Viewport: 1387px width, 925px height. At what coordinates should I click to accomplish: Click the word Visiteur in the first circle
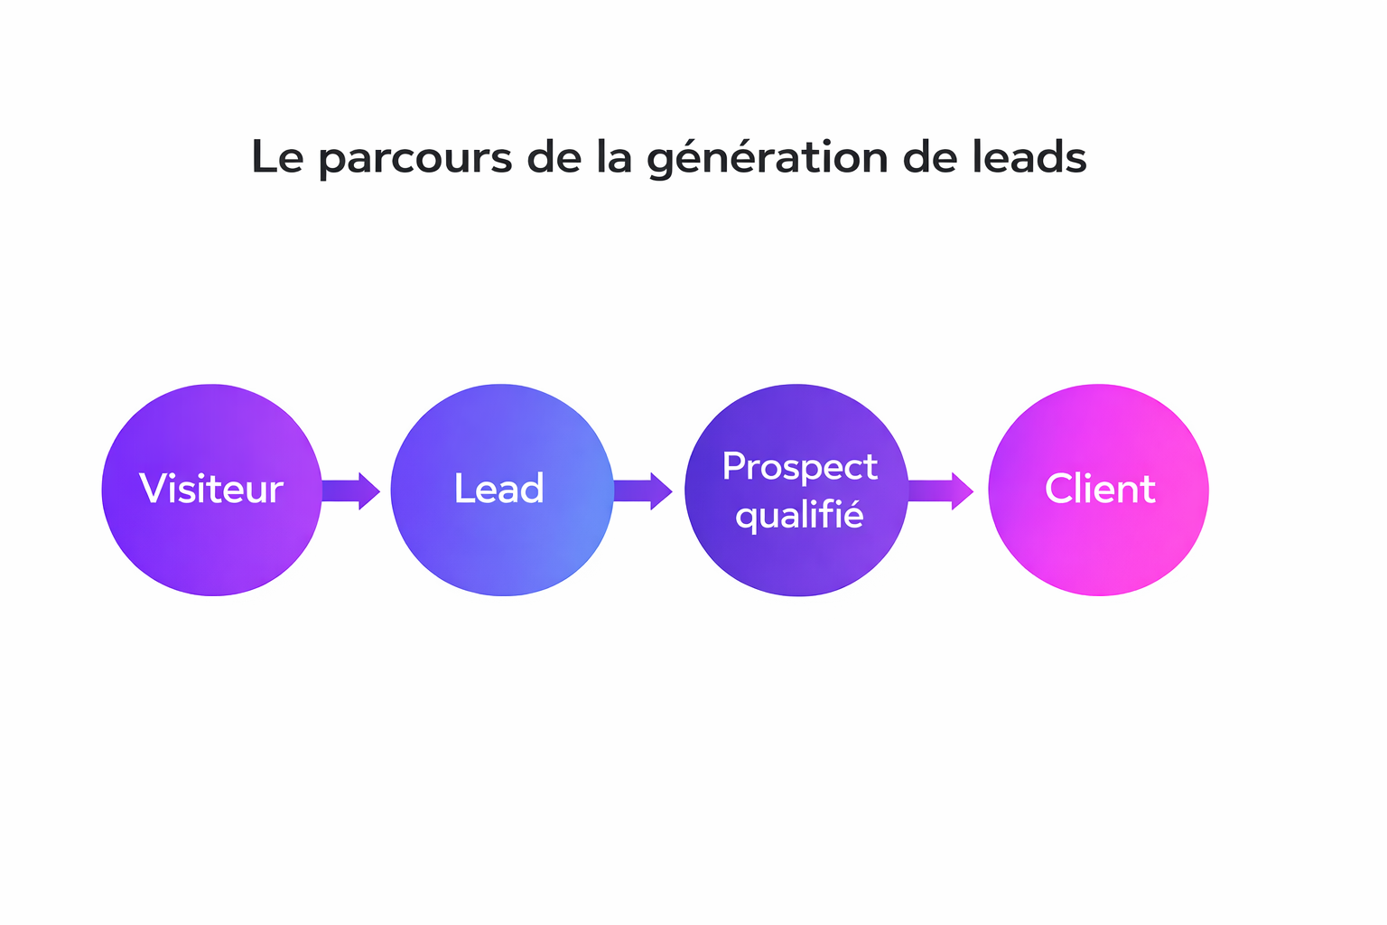tap(211, 489)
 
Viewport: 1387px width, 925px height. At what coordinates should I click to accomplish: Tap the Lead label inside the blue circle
tap(498, 489)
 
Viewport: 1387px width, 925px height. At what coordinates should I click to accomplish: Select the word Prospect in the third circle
tap(799, 466)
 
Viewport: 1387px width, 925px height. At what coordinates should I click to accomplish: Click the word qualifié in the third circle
tap(799, 516)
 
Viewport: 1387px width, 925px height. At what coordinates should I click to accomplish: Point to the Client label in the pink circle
tap(1100, 489)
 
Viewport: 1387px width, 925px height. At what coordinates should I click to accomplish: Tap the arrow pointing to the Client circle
tap(941, 491)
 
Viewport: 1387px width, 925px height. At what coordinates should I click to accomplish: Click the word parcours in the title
tap(415, 158)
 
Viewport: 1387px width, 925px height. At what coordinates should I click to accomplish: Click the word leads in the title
tap(1029, 157)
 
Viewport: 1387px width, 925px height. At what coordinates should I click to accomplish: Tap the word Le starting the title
tap(276, 157)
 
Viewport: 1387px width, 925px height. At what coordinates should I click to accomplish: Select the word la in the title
tap(613, 157)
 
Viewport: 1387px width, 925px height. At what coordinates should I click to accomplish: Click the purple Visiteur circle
tap(212, 551)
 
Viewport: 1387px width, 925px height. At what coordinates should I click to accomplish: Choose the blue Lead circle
tap(502, 551)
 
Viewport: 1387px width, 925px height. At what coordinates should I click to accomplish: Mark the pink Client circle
tap(1098, 551)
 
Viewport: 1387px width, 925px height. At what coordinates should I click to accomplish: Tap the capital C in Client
tap(1058, 489)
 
